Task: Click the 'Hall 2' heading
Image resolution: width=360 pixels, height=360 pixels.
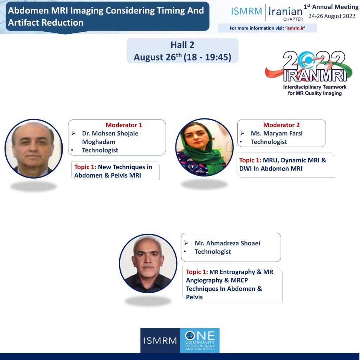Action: pyautogui.click(x=182, y=45)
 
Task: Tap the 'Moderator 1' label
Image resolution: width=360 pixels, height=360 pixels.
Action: pyautogui.click(x=124, y=125)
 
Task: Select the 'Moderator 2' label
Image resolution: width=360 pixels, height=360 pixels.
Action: pyautogui.click(x=282, y=125)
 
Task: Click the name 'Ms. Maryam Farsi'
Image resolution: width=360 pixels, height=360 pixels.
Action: pyautogui.click(x=277, y=133)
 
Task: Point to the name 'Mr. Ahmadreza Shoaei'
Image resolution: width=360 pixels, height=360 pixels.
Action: pyautogui.click(x=227, y=243)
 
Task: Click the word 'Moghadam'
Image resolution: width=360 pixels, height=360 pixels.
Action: pyautogui.click(x=99, y=142)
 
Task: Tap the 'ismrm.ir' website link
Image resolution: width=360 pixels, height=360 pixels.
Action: pyautogui.click(x=295, y=28)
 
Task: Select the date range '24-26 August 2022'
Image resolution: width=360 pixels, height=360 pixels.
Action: pyautogui.click(x=332, y=16)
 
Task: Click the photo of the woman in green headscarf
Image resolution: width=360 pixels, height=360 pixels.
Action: pyautogui.click(x=204, y=147)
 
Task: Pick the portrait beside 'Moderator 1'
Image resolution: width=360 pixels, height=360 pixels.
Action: pyautogui.click(x=34, y=149)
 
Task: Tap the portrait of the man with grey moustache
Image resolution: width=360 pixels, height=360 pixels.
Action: pyautogui.click(x=148, y=263)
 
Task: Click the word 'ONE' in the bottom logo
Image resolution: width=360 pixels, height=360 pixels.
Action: pyautogui.click(x=200, y=336)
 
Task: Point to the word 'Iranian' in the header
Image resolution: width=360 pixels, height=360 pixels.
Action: pyautogui.click(x=285, y=11)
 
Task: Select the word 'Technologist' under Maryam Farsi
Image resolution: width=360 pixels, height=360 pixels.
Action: pyautogui.click(x=269, y=142)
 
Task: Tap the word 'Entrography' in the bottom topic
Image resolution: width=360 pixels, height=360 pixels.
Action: pyautogui.click(x=237, y=272)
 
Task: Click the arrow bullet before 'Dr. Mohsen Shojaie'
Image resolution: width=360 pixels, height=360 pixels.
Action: pyautogui.click(x=73, y=133)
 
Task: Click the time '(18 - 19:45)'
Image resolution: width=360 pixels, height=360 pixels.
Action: pyautogui.click(x=207, y=57)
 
